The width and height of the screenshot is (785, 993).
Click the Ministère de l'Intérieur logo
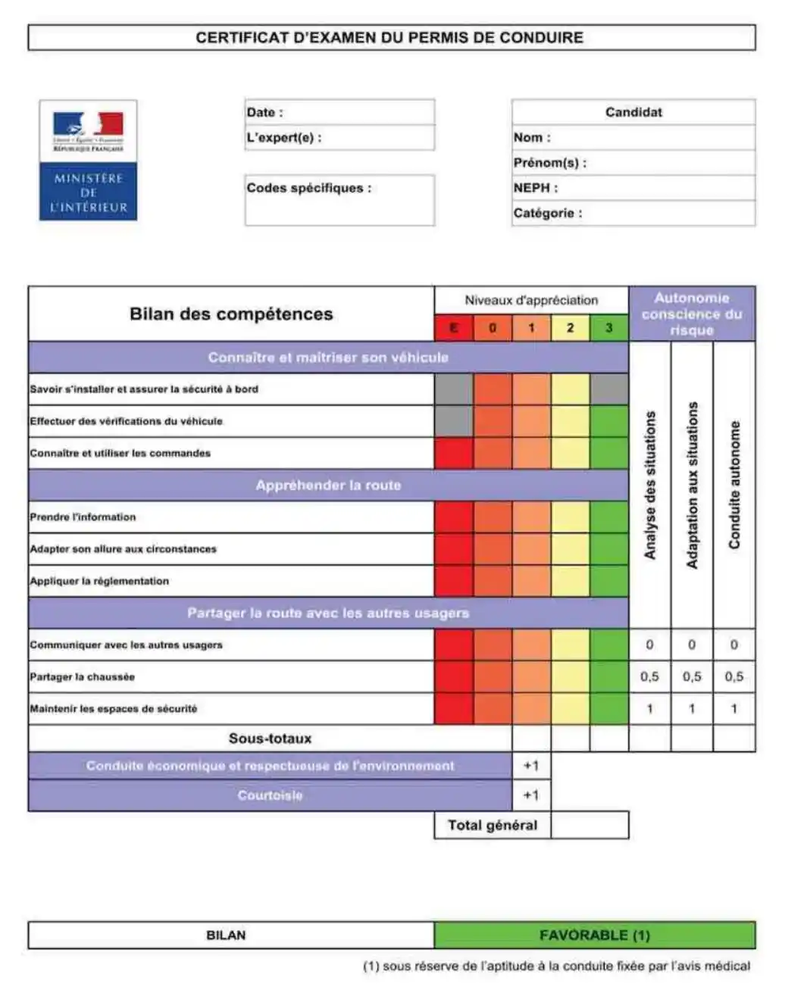(88, 161)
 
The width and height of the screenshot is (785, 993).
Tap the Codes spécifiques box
(339, 200)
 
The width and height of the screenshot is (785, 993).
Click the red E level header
(454, 328)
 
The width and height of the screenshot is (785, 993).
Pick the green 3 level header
(608, 328)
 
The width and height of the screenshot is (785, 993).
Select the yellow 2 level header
(570, 328)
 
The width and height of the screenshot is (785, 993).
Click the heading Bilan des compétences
(231, 314)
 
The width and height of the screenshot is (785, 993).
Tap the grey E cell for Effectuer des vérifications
(454, 421)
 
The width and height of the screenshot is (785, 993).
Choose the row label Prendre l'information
(83, 517)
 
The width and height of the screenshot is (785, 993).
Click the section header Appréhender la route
(328, 486)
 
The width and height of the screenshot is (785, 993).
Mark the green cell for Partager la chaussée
(608, 676)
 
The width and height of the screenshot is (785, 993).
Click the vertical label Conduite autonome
(734, 485)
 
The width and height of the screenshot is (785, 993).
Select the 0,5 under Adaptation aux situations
(692, 676)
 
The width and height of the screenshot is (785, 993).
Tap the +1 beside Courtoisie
(531, 795)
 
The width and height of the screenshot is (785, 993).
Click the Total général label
(493, 826)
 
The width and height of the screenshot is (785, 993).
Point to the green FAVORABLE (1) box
(595, 935)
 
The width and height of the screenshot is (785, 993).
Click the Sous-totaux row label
(271, 739)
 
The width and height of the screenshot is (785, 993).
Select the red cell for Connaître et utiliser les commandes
(454, 453)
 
